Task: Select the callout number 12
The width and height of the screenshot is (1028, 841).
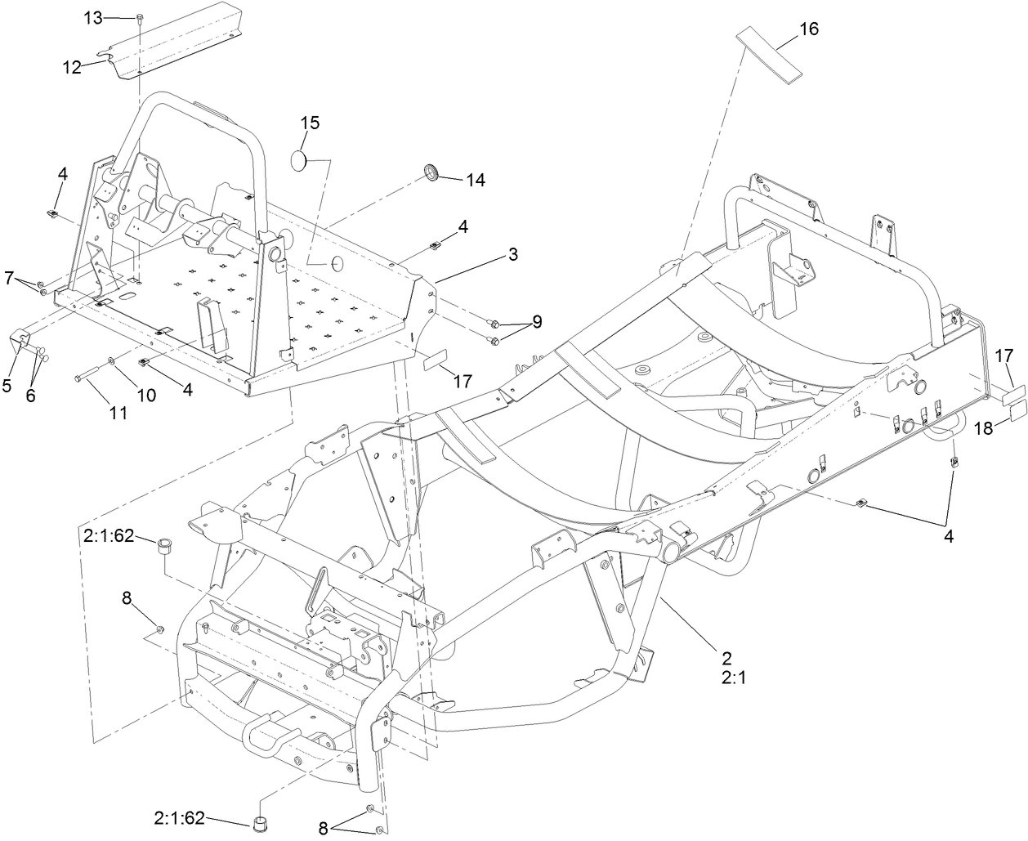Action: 72,68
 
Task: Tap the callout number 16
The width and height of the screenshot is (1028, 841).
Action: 808,29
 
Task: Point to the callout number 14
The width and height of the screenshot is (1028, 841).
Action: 475,180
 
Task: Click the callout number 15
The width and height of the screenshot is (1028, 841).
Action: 310,123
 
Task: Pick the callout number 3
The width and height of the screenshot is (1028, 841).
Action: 512,254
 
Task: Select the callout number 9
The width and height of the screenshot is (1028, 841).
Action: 537,322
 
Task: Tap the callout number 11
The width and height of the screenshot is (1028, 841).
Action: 118,414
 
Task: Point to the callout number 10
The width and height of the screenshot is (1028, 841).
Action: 145,396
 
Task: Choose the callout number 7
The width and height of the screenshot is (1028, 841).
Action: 9,279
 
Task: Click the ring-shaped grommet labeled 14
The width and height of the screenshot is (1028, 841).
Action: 431,172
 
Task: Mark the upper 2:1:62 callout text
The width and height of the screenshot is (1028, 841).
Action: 109,538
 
